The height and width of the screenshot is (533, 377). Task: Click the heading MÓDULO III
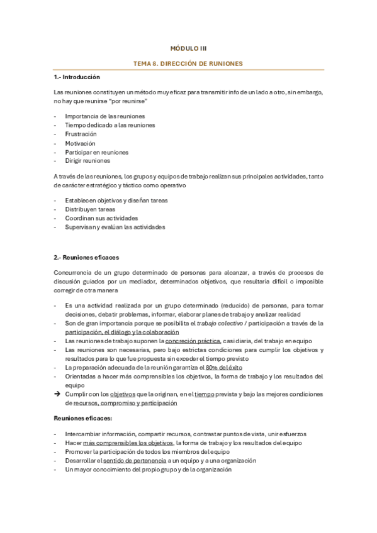pos(188,48)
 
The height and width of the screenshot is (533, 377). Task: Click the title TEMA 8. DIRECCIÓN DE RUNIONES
pos(188,63)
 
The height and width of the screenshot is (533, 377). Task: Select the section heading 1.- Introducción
pos(77,77)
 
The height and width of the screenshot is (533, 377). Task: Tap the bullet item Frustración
pos(81,134)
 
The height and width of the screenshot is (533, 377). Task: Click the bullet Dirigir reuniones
pos(87,160)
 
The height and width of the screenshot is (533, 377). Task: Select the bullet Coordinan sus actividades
pos(96,218)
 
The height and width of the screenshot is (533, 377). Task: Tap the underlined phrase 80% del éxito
pos(224,367)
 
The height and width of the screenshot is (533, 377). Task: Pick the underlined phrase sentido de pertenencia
pos(131,460)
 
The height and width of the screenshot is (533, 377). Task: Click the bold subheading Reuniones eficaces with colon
pos(83,418)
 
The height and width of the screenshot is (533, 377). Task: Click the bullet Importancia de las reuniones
pos(104,116)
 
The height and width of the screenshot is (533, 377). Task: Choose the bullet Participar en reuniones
pos(96,151)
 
